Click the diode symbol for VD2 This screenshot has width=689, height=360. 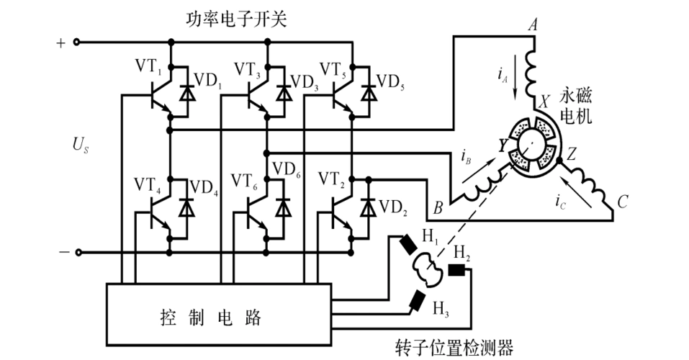[x=369, y=209]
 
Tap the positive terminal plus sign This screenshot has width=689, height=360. [x=60, y=42]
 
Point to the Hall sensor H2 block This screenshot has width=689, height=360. [x=458, y=271]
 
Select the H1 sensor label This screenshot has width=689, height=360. [x=430, y=235]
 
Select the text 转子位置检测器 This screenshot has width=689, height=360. [x=454, y=348]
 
